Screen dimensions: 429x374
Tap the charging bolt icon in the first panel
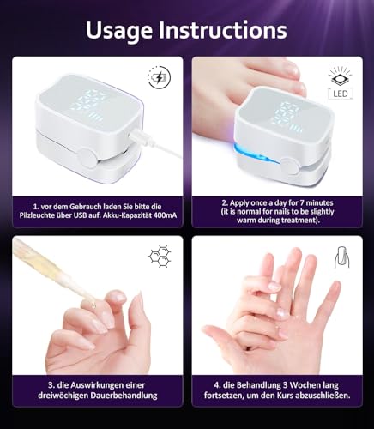click(x=160, y=78)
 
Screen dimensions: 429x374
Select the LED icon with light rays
click(x=340, y=76)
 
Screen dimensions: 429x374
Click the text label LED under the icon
click(x=340, y=93)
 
